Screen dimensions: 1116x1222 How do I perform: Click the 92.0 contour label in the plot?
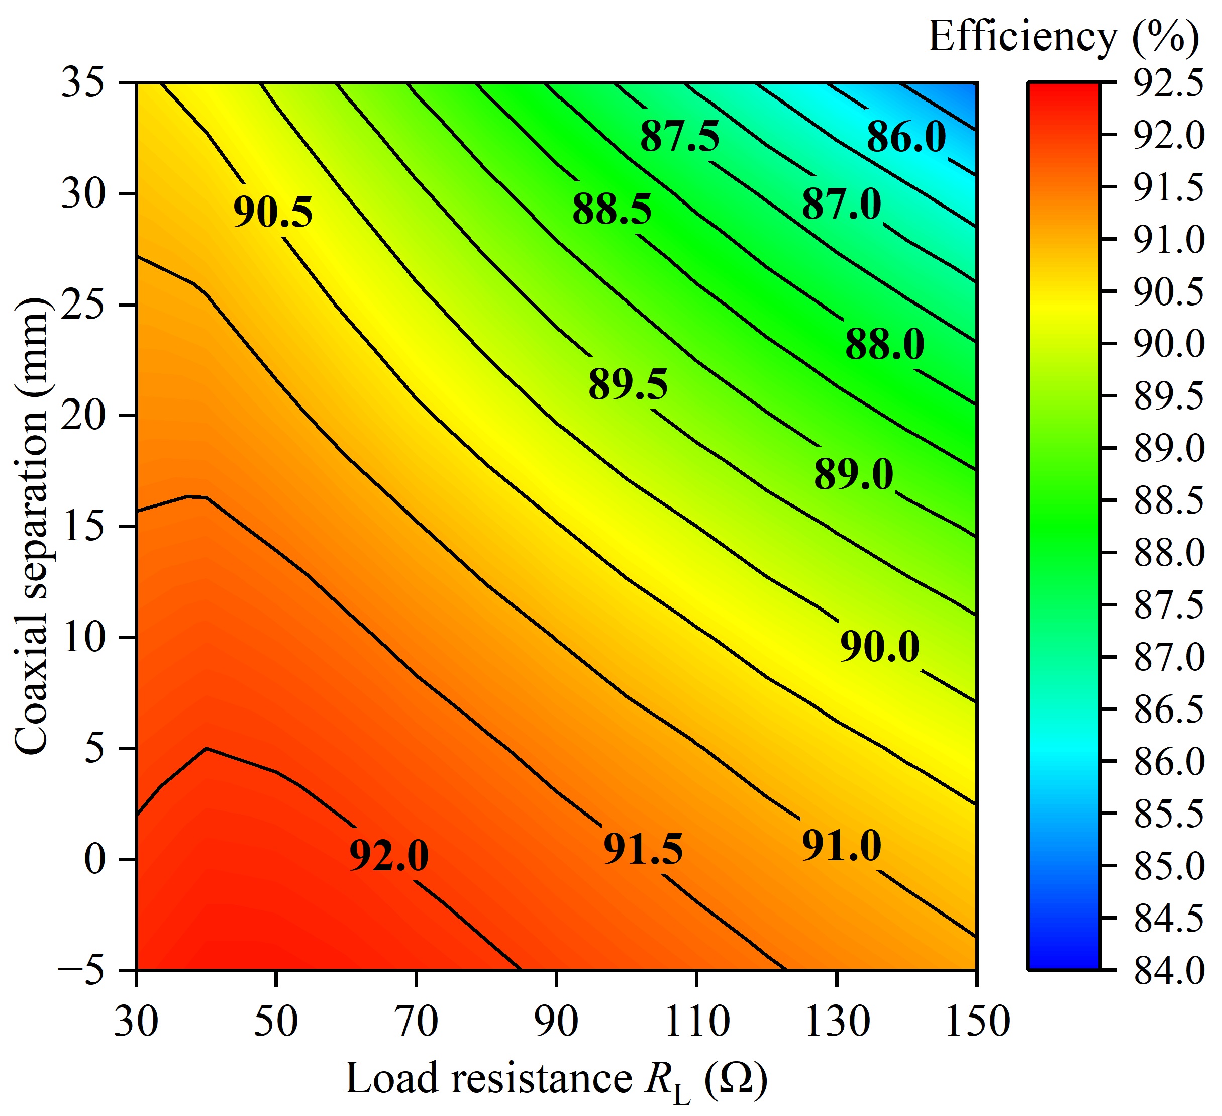point(388,856)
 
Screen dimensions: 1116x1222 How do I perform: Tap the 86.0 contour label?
point(905,137)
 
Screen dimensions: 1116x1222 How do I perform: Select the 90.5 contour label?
point(273,213)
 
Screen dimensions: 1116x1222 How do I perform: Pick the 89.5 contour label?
point(628,384)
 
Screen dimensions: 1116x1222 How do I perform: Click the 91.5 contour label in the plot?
point(643,849)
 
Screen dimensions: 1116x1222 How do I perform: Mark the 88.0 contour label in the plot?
point(884,345)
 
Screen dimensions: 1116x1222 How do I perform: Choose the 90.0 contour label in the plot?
point(879,646)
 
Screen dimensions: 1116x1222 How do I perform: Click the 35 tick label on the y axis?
point(83,82)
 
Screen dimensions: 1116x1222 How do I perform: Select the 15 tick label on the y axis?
point(83,526)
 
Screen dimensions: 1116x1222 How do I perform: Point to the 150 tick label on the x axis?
point(977,1022)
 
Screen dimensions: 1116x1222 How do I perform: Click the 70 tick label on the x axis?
point(417,1022)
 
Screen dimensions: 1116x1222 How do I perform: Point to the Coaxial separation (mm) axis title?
point(30,526)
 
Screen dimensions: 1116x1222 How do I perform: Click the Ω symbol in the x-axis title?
point(736,1080)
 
